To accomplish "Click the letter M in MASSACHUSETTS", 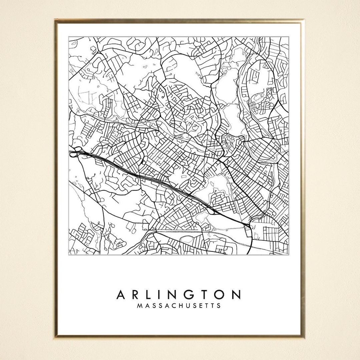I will (x=140, y=305).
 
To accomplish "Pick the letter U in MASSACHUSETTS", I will (x=188, y=305).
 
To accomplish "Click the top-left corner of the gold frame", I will (x=56, y=20).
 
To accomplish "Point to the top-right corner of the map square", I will (x=288, y=37).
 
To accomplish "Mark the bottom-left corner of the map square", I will (x=69, y=255).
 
